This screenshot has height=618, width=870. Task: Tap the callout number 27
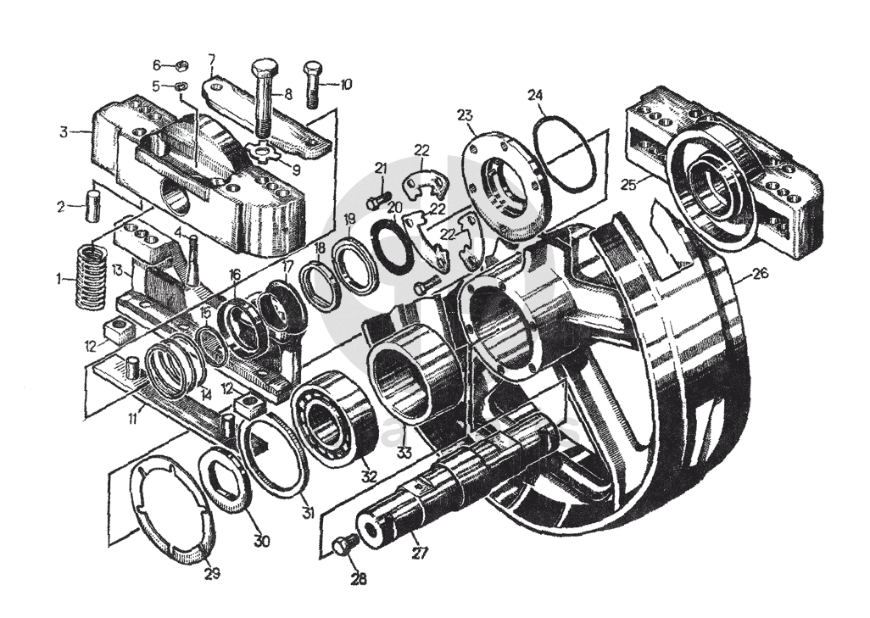point(421,554)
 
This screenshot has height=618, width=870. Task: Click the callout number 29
point(212,573)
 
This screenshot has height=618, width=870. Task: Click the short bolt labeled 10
point(312,85)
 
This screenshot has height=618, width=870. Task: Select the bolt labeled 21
point(376,200)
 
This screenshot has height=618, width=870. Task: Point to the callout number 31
point(308,512)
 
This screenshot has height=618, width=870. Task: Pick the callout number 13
point(118,270)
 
